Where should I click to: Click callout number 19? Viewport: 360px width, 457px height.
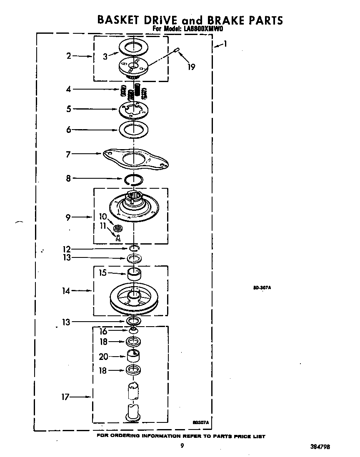191,67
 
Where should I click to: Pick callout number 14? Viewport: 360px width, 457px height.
66,291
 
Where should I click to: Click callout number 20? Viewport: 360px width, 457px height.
103,357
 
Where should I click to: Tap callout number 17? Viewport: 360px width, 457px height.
65,397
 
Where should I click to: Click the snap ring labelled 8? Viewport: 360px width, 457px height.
133,180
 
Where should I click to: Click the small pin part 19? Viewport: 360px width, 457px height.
177,51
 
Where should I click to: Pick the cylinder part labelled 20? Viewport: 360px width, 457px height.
133,357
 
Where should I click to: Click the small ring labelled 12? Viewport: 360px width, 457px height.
133,249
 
